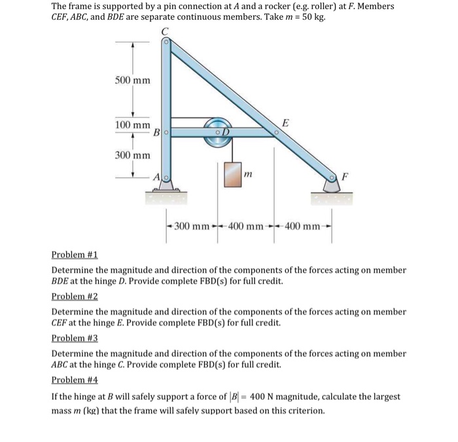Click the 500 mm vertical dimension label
coord(133,81)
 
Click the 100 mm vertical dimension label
coord(133,124)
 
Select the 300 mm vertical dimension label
coord(133,155)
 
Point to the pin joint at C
coord(166,42)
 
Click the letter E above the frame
coord(283,122)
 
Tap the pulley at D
coord(219,129)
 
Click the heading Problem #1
coord(75,255)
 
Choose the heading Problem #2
coord(75,296)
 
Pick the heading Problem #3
coord(75,338)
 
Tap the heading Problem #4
coord(75,380)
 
